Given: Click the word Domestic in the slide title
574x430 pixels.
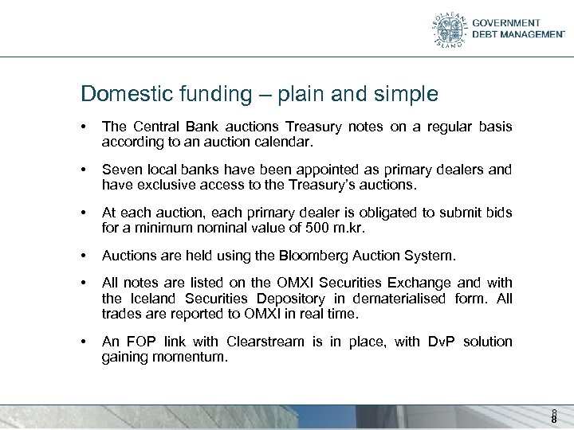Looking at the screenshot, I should coord(120,95).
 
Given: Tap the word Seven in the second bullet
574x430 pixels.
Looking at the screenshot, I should coord(120,170).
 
